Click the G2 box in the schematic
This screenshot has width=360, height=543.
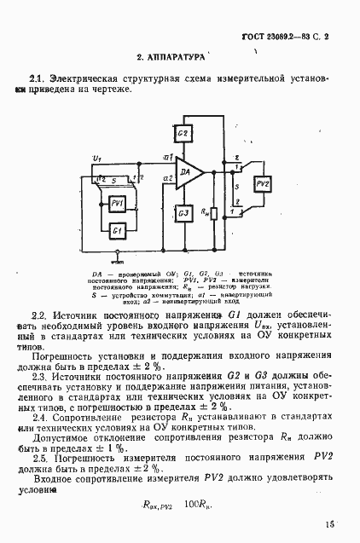click(x=182, y=135)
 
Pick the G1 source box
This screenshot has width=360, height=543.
click(x=118, y=231)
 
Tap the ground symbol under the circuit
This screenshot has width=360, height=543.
click(x=119, y=256)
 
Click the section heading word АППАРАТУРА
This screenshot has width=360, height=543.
click(x=177, y=56)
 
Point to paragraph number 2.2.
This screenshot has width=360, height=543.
click(x=38, y=315)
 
